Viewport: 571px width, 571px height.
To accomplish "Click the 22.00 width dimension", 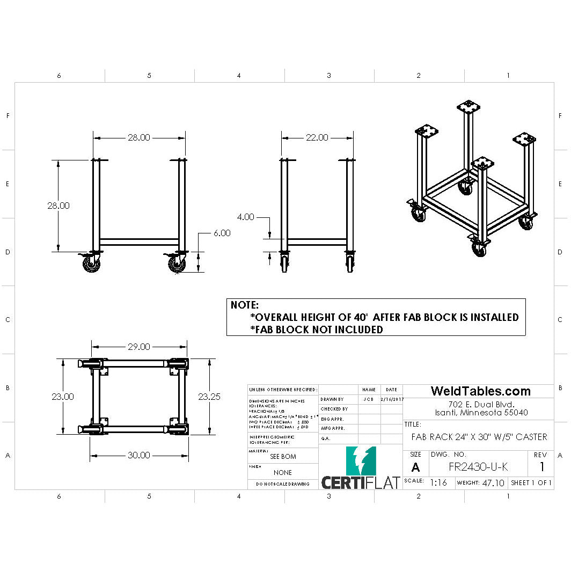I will coord(317,137).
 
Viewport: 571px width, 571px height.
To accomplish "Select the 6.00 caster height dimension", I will coord(222,233).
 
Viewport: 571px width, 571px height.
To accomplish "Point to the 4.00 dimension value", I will coord(245,217).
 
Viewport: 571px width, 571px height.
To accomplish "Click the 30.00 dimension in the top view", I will coord(138,455).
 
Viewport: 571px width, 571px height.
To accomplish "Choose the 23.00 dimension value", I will coord(63,397).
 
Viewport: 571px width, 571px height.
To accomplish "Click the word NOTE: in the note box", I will coord(245,305).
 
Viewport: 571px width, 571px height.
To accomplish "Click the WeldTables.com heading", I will coord(481,391).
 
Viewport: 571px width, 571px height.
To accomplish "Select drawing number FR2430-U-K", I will coord(478,467).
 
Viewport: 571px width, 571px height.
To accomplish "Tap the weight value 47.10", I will coord(493,483).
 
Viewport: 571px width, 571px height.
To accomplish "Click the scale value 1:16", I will coord(438,482).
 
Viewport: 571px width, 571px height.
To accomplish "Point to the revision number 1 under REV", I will coord(541,466).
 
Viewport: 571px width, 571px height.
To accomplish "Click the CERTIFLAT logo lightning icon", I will coord(361,460).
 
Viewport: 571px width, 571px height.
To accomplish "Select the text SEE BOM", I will coord(283,457).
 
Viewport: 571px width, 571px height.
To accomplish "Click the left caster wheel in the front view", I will coord(91,265).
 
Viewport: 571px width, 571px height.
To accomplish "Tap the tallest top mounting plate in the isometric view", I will coord(467,105).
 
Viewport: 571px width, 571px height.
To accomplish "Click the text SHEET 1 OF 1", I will coord(531,483).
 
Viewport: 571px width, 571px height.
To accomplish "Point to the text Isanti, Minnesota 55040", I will coord(481,413).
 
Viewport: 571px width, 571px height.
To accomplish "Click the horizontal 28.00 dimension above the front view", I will coord(138,137).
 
